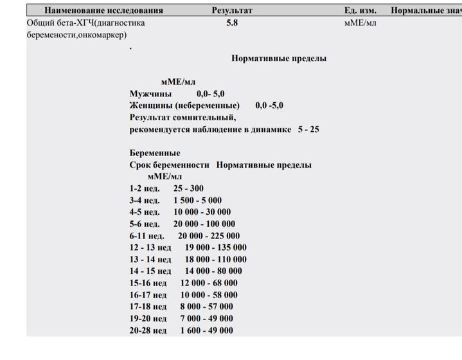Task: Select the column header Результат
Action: (232, 10)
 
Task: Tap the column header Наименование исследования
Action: (103, 10)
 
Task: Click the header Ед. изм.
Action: (360, 10)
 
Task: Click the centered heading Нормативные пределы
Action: (278, 59)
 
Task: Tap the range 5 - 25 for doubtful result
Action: (308, 129)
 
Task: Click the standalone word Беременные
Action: (155, 153)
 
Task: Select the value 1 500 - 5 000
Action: (197, 200)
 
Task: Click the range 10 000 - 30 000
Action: (202, 212)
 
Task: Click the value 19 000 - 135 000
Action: (216, 248)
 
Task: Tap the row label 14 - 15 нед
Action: (150, 271)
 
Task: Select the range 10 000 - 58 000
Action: (209, 294)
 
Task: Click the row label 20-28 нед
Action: (148, 330)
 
